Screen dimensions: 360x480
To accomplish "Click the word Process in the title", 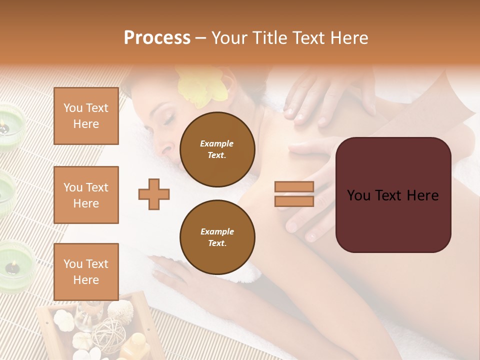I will point(157,38).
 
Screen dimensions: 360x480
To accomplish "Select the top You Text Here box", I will point(86,116).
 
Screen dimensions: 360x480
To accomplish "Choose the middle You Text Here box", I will point(86,195).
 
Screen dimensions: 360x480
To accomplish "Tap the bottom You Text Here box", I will point(86,271).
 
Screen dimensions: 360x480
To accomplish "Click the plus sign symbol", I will point(154,193).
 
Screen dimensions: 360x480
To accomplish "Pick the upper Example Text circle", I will point(217,149).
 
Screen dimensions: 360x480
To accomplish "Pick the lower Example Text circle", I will point(217,237).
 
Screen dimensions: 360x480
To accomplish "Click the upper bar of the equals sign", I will point(294,186).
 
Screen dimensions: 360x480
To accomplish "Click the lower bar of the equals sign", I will point(294,201).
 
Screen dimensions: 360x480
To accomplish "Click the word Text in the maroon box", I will point(393,195).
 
